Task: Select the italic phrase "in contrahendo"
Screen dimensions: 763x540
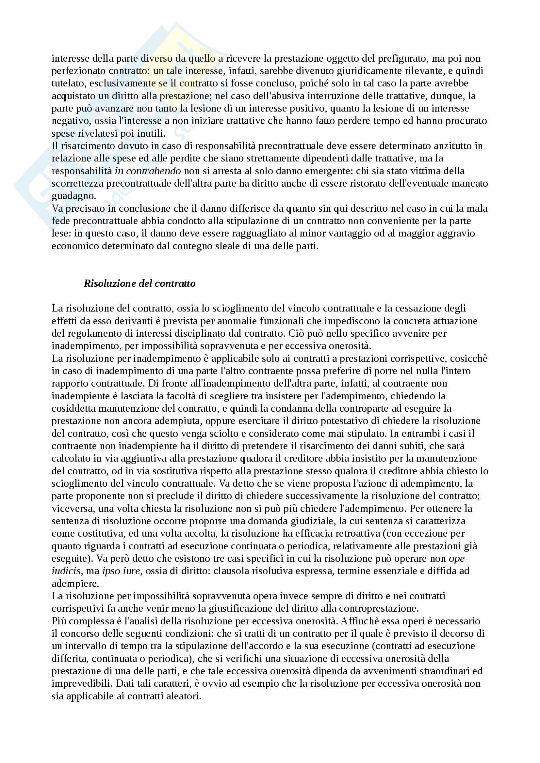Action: click(148, 171)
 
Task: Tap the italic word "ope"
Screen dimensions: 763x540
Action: click(457, 558)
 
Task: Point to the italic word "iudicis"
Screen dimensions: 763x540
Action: click(66, 571)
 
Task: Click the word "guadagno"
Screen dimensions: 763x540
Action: click(73, 196)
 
